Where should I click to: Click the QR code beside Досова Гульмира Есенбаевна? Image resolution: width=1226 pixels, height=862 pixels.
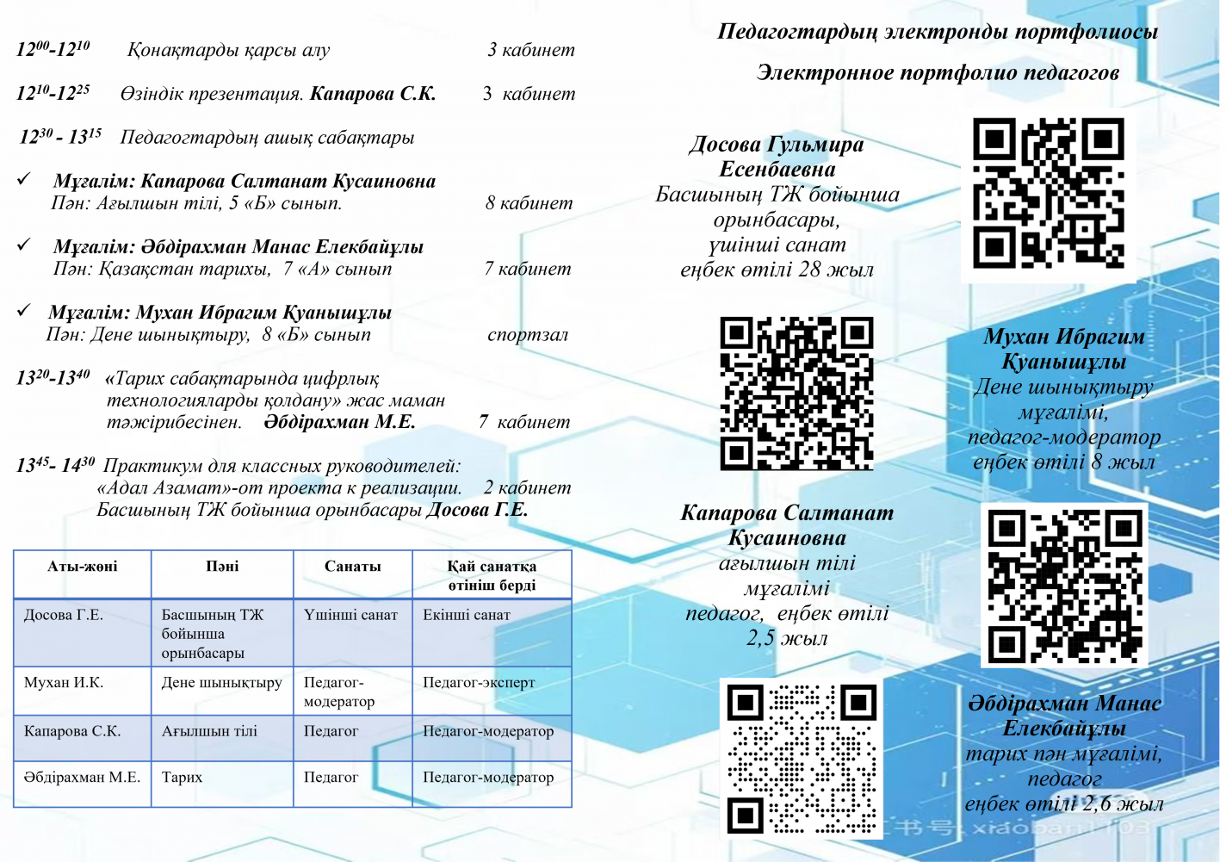(1049, 193)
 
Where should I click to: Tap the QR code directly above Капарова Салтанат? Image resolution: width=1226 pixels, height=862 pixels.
(796, 393)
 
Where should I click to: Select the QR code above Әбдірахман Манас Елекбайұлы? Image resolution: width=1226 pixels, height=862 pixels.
(1065, 586)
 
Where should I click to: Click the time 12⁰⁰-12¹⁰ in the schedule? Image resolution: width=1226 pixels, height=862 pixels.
(53, 49)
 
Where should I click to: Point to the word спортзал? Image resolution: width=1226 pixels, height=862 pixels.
(528, 335)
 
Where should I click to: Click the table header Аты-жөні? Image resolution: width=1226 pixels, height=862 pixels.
(83, 567)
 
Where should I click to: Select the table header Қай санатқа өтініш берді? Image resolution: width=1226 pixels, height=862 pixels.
(492, 575)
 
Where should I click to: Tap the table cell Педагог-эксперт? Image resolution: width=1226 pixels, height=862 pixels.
(479, 682)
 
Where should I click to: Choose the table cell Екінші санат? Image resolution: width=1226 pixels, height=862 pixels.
(467, 615)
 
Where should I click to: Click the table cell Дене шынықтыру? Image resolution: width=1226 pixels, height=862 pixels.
(221, 682)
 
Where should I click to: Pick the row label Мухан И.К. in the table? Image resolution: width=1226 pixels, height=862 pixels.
(64, 682)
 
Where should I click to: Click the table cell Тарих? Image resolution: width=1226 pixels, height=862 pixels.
(183, 777)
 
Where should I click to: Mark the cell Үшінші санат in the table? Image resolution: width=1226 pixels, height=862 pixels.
(350, 615)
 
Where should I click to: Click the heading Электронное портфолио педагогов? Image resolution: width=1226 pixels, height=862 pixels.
(938, 73)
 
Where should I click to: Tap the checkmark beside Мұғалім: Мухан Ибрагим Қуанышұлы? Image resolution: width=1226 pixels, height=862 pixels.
(24, 311)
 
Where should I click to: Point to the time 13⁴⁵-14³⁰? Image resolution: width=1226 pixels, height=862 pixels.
(56, 466)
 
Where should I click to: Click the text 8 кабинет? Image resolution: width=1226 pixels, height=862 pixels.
(529, 203)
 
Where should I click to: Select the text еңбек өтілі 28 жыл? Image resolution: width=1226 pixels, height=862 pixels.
(777, 270)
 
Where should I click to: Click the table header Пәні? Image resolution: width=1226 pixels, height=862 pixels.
(222, 567)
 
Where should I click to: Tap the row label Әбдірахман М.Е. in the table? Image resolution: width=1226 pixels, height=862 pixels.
(82, 777)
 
